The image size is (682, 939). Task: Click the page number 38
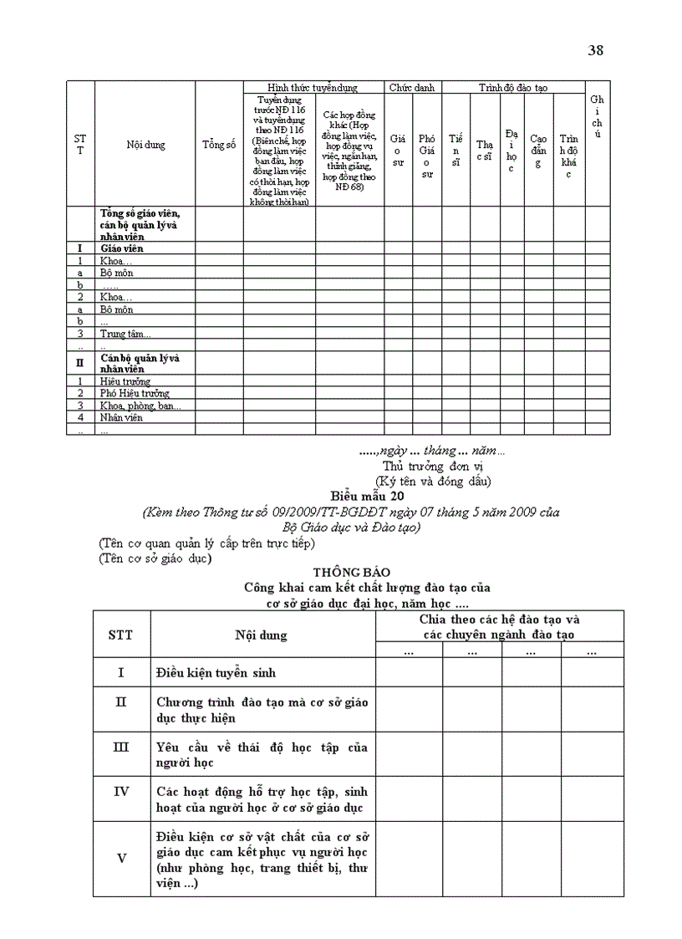596,50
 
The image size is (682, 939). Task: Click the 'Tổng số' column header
218,145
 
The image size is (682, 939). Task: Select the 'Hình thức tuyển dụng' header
313,87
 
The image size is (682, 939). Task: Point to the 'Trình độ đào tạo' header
513,87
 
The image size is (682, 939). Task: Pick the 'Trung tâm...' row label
125,334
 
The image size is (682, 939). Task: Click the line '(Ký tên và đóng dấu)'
433,481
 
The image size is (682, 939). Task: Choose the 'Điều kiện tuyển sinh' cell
216,672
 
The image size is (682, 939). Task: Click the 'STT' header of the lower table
120,635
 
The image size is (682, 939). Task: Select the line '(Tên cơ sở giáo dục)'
155,558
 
